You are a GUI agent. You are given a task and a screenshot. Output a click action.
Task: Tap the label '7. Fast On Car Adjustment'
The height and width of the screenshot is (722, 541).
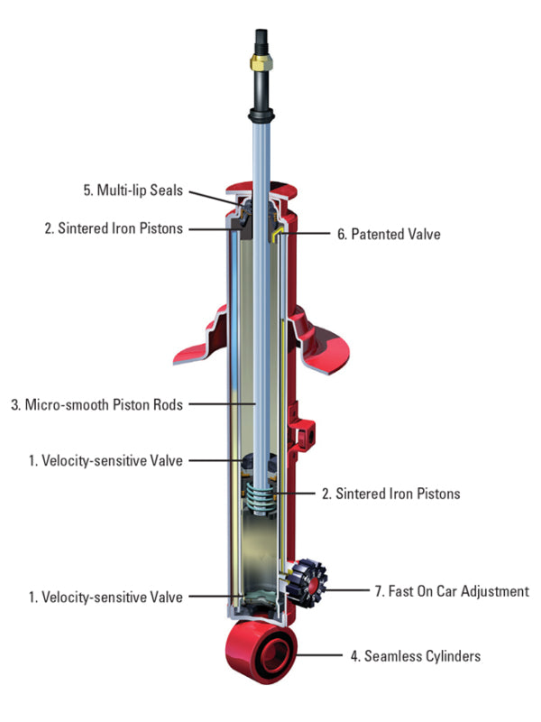tap(452, 592)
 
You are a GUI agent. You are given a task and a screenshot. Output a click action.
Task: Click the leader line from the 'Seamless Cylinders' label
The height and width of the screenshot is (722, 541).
tap(326, 656)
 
